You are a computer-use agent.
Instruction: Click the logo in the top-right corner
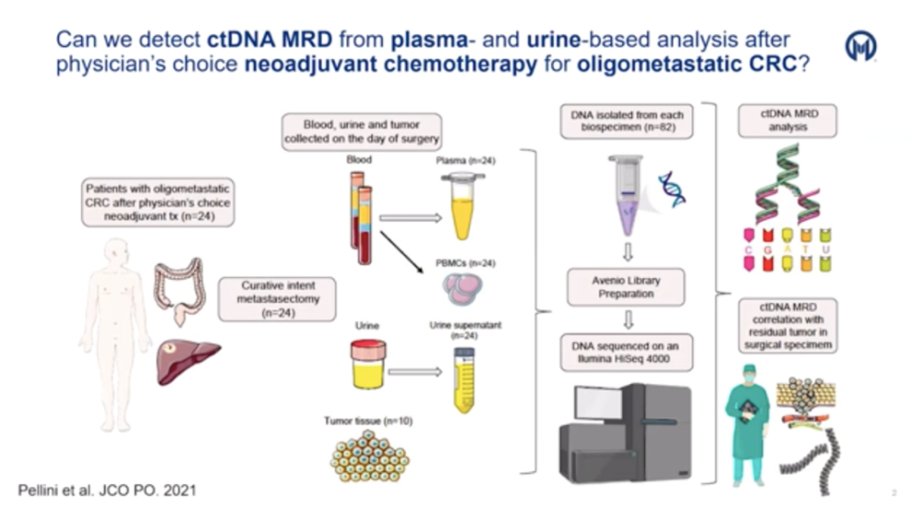pos(860,46)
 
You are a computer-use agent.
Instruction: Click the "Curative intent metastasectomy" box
pos(277,299)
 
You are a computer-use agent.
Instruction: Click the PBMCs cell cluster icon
pos(462,289)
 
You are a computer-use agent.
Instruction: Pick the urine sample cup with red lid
pos(368,364)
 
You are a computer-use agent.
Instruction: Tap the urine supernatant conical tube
pos(464,380)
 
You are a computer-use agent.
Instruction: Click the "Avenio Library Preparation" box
pos(626,287)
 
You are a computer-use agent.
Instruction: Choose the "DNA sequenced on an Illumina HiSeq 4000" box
pos(626,353)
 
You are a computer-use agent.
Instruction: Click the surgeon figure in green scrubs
pos(749,425)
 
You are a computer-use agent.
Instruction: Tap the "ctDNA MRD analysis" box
pos(787,120)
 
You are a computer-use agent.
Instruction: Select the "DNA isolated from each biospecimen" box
pos(627,121)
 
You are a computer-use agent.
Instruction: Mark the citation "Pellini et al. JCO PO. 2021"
pos(107,491)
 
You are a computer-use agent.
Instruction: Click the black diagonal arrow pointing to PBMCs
pos(402,252)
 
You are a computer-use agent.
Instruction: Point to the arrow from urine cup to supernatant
pos(415,371)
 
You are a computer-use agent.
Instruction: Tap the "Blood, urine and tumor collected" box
pos(362,132)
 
